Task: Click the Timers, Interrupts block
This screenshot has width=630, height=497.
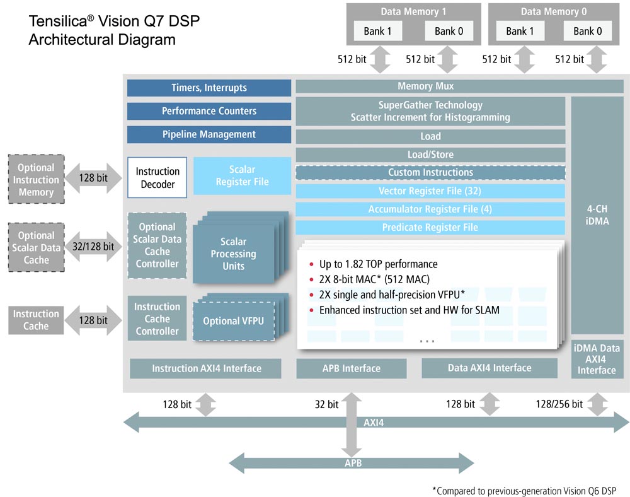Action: pos(209,88)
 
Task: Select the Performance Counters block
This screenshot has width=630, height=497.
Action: pos(209,111)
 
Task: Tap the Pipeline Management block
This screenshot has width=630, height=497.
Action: pos(209,134)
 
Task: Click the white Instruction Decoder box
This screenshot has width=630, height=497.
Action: pos(157,178)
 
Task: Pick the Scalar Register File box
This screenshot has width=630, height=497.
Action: pos(242,175)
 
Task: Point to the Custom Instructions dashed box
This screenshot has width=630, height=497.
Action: pos(430,172)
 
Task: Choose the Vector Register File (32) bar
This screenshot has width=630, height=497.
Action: pos(430,190)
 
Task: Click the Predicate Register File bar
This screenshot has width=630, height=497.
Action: pos(430,227)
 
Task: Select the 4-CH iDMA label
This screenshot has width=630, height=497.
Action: pos(597,215)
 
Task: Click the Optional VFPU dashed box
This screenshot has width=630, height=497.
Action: pos(233,321)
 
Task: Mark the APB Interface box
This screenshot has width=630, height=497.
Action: pos(352,368)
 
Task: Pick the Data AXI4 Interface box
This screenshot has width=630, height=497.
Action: pos(490,368)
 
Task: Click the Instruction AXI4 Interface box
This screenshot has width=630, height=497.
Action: pos(206,368)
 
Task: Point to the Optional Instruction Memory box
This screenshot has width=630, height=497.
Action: pos(36,180)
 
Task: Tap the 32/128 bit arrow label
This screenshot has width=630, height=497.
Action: pos(93,247)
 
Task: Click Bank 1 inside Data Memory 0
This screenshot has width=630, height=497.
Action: pos(520,31)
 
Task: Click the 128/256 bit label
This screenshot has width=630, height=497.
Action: pos(559,404)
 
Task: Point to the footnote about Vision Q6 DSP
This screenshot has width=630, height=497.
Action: pos(526,490)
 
